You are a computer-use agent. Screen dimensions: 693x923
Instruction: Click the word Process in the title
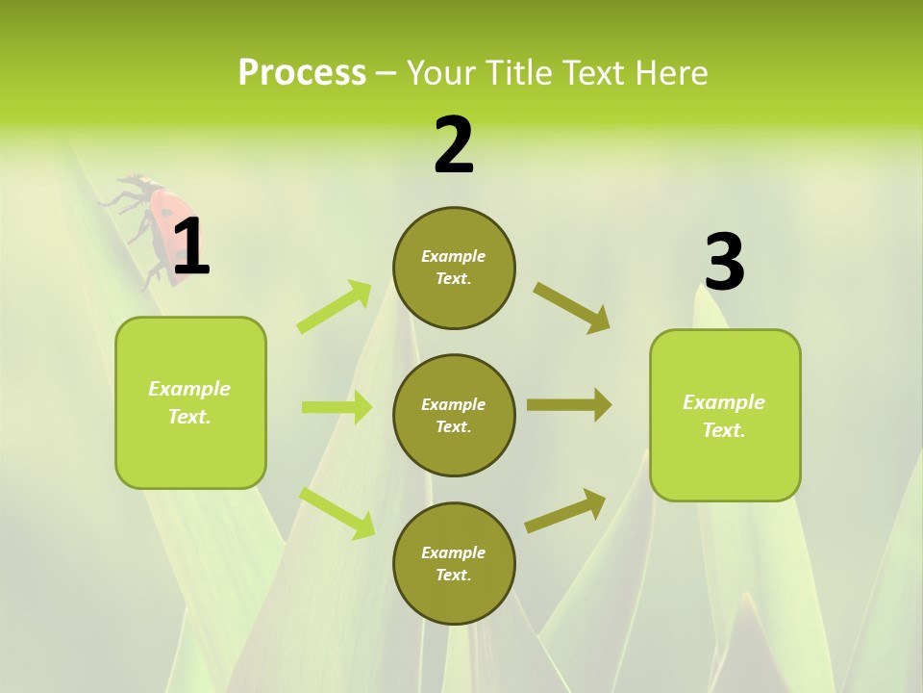[302, 73]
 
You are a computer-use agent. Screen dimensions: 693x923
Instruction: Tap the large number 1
[190, 247]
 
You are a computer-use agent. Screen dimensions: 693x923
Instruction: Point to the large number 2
[454, 146]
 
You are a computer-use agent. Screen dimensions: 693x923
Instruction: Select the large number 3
[724, 262]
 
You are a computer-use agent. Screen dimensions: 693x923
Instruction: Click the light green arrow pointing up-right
[335, 307]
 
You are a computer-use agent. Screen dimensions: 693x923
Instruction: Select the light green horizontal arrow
[337, 407]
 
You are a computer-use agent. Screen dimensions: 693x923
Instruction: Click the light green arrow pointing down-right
[337, 513]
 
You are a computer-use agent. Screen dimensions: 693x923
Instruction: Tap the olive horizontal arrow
[569, 405]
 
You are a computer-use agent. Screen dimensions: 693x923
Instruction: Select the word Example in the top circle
[454, 256]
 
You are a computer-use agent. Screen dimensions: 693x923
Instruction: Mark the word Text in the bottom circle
[452, 575]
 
